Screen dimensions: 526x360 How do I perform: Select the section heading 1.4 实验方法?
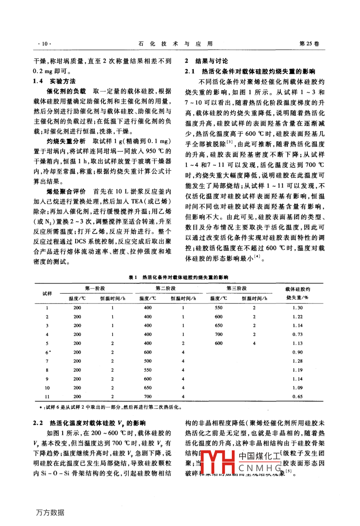(55, 81)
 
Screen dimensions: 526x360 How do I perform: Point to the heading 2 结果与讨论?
(207, 61)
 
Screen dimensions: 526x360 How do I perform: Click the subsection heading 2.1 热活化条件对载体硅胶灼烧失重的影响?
(250, 72)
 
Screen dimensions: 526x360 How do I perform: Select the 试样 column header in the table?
(47, 293)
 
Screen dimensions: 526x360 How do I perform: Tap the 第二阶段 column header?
(165, 289)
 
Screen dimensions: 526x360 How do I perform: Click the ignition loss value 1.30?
(297, 308)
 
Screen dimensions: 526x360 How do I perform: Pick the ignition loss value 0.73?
(297, 335)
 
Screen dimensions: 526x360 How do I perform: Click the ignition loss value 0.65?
(297, 397)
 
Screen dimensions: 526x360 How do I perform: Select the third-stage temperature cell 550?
(219, 308)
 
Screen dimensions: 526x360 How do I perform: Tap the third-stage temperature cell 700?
(219, 335)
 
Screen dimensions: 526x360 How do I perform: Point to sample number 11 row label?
(47, 397)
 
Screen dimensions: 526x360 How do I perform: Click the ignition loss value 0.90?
(297, 352)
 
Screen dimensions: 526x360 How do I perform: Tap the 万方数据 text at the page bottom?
(50, 512)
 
